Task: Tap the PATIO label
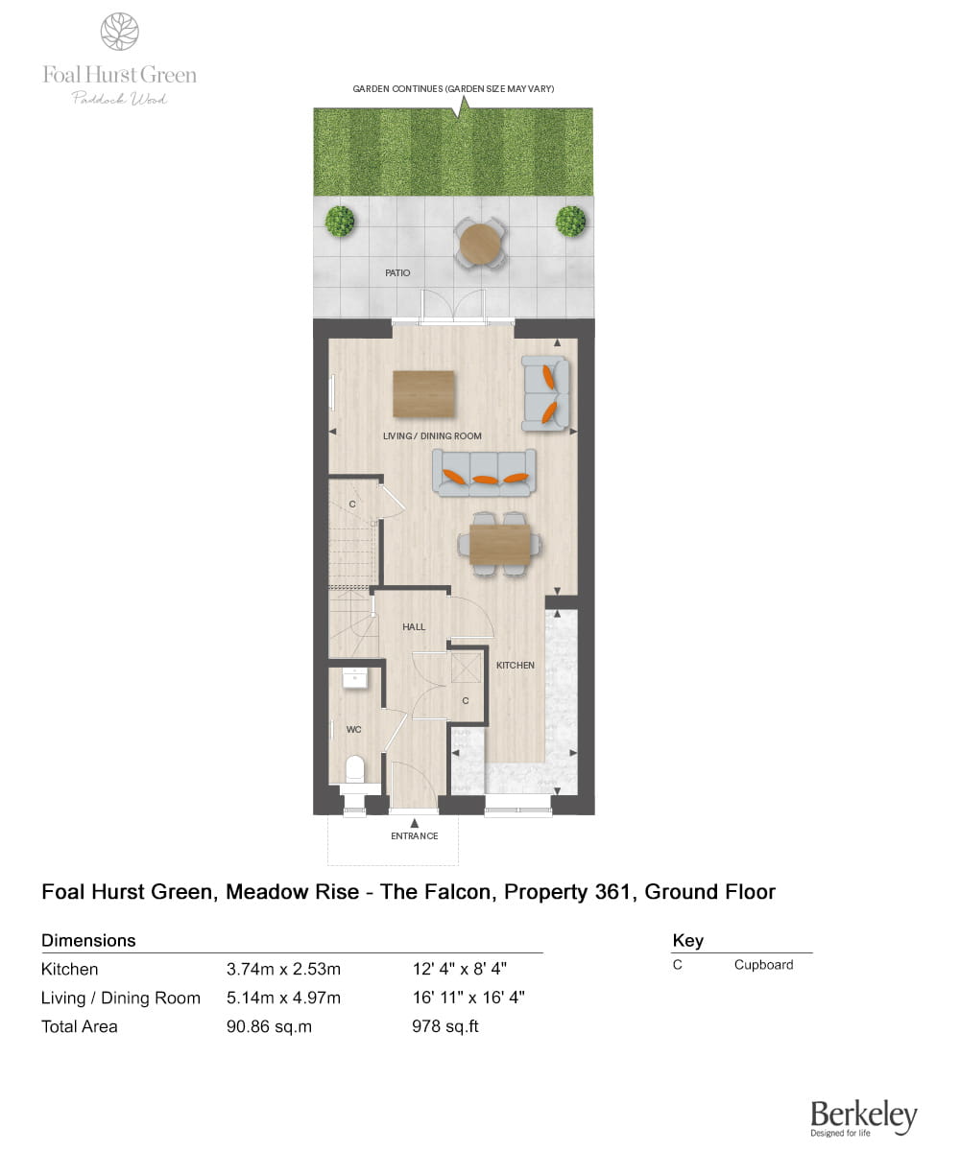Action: tap(397, 272)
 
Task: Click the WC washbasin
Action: tap(355, 677)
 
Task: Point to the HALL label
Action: tap(413, 626)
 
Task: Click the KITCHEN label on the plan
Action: tap(515, 666)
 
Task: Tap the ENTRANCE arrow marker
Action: tap(415, 823)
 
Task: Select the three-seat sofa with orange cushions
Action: tap(484, 473)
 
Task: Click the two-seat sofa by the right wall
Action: tap(545, 393)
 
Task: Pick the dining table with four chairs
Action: tap(500, 545)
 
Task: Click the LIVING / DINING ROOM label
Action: tap(432, 436)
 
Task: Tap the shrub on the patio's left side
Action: tap(339, 221)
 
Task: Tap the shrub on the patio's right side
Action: tap(570, 221)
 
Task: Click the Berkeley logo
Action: tap(863, 1117)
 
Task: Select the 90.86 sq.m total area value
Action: tap(269, 1027)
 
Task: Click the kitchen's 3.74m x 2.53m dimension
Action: tap(283, 969)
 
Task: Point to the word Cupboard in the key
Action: tap(763, 965)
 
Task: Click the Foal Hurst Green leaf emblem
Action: tap(119, 32)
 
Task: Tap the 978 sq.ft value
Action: tap(445, 1026)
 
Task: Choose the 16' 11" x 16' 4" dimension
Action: tap(468, 998)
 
